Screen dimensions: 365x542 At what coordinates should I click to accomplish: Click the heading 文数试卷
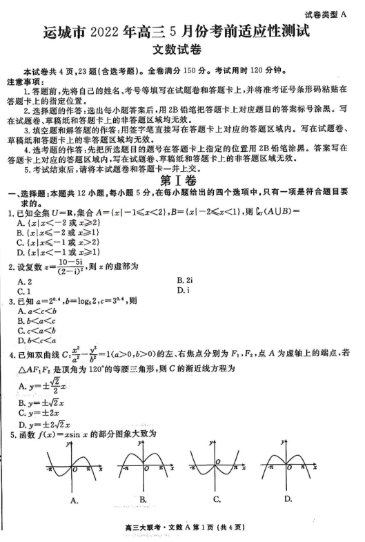click(182, 50)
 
